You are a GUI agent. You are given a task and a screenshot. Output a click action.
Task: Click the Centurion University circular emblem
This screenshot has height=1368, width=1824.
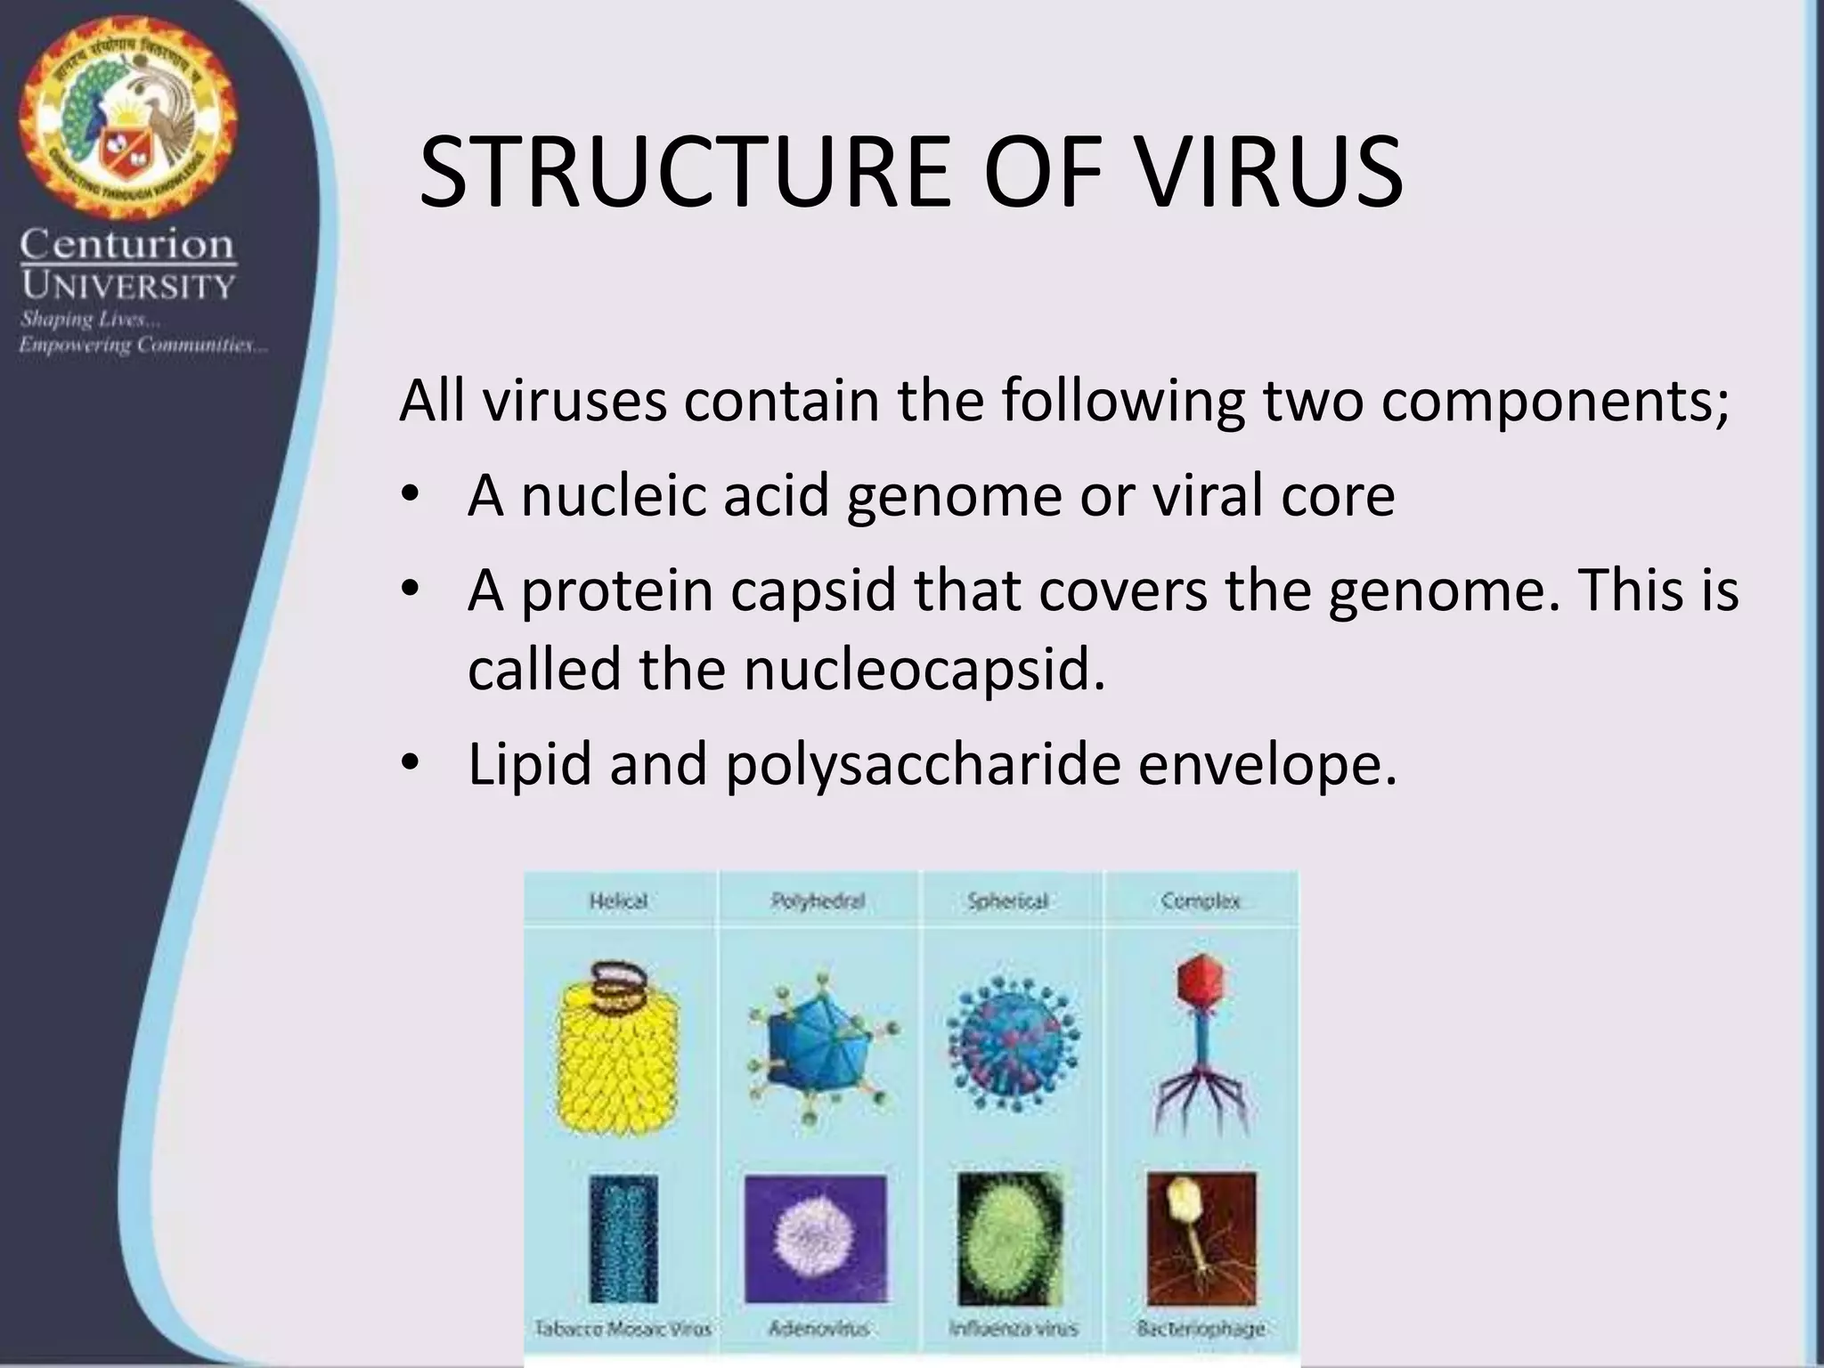[128, 110]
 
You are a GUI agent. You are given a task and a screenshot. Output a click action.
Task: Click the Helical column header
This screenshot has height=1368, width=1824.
[618, 901]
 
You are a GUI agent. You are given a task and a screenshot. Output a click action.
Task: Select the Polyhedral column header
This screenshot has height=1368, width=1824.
[818, 901]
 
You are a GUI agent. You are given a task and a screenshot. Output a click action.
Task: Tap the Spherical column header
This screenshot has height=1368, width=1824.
[1007, 901]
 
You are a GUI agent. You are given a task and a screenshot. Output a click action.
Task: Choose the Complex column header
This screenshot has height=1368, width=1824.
[1201, 901]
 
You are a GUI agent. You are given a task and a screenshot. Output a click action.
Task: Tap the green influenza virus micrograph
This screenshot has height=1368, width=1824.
[1010, 1238]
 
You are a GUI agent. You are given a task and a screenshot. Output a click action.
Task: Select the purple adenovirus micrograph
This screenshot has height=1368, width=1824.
[815, 1238]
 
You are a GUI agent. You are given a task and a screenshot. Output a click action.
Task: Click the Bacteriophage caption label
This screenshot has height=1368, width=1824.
[1201, 1329]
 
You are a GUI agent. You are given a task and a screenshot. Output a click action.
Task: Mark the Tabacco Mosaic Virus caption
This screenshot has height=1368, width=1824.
[623, 1329]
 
